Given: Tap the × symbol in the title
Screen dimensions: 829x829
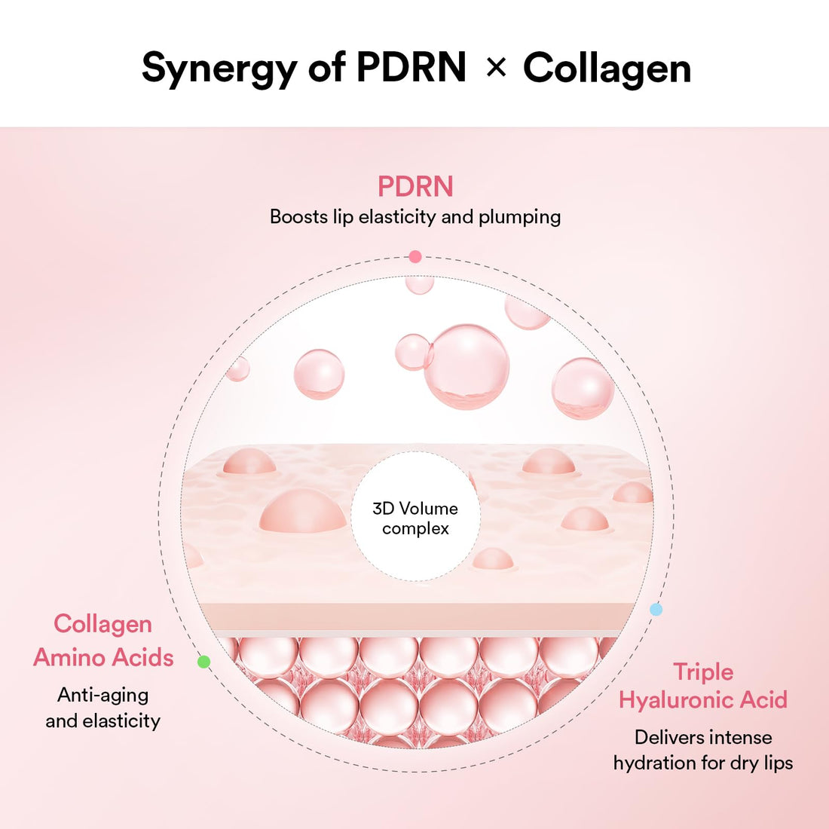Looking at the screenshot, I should coord(495,68).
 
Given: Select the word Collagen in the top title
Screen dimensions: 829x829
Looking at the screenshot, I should coord(607,68).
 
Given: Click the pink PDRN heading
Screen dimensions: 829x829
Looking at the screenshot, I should coord(415,186).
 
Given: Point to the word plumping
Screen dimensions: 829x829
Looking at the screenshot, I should coord(519,217).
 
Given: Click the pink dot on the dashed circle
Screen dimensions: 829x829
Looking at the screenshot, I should coord(414,257).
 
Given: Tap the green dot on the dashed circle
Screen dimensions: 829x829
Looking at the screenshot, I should coord(203,662).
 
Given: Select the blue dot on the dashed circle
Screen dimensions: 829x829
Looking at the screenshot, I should coord(656,609).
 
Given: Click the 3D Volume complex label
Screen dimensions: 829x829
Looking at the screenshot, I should coord(415,519).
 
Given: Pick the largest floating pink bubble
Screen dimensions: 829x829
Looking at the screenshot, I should coord(467,366).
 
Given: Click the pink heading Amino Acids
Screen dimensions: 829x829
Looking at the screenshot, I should coord(103,657).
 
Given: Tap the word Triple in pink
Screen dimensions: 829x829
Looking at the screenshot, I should coord(702,671).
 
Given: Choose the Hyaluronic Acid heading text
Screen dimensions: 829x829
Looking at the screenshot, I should coord(702,699).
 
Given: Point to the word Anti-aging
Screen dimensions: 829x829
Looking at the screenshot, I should coord(103,695).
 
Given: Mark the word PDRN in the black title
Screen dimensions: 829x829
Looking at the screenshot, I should coord(411,68).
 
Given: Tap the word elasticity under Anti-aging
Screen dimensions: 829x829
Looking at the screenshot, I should coord(121,720).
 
